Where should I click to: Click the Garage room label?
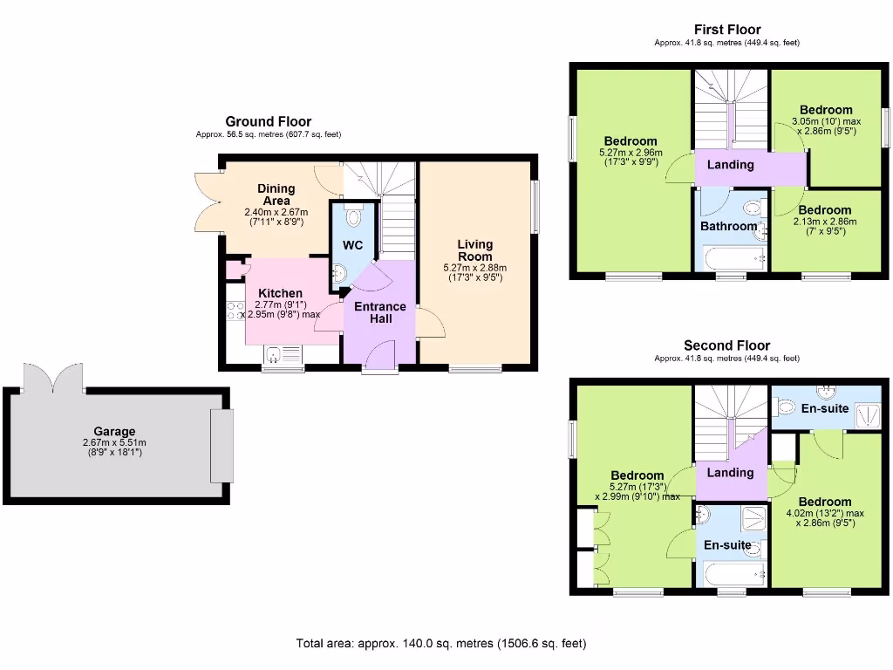pyautogui.click(x=115, y=431)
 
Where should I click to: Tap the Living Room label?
pyautogui.click(x=474, y=250)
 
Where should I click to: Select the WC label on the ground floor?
pyautogui.click(x=352, y=245)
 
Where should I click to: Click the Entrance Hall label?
pyautogui.click(x=379, y=312)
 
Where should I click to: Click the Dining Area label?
pyautogui.click(x=276, y=195)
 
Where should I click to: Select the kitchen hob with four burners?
pyautogui.click(x=235, y=311)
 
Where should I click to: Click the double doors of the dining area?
pyautogui.click(x=207, y=202)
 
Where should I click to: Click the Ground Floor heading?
pyautogui.click(x=268, y=121)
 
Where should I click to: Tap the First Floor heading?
pyautogui.click(x=726, y=30)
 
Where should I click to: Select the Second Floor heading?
pyautogui.click(x=726, y=345)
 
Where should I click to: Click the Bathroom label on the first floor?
pyautogui.click(x=728, y=226)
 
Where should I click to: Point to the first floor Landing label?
pyautogui.click(x=730, y=164)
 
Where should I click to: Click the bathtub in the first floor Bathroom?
pyautogui.click(x=734, y=259)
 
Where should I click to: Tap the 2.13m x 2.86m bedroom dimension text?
pyautogui.click(x=824, y=222)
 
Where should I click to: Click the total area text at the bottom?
pyautogui.click(x=441, y=644)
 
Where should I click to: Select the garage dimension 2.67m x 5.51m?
pyautogui.click(x=115, y=442)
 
